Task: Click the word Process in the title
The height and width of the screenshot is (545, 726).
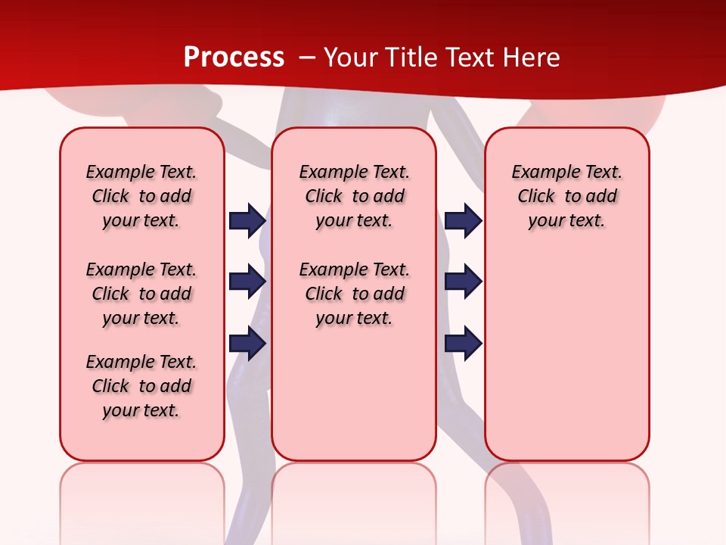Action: tap(234, 58)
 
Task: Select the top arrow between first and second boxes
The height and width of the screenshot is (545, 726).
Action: tap(247, 220)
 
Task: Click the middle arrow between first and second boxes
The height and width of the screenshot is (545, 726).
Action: tap(247, 282)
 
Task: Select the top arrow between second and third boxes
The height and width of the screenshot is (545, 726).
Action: tap(463, 220)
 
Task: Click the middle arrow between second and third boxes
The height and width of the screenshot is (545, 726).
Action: tap(463, 282)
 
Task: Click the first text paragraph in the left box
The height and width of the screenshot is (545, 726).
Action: tap(141, 196)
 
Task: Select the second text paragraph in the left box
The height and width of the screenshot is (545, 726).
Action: tap(141, 294)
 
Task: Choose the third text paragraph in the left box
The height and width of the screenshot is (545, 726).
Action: tap(141, 386)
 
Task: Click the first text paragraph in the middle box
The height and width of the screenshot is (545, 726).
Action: tap(354, 196)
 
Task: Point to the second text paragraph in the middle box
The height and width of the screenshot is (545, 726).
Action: tap(354, 294)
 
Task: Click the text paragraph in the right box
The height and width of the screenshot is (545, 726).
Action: tap(566, 196)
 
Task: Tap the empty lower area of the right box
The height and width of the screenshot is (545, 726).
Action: tap(566, 356)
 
